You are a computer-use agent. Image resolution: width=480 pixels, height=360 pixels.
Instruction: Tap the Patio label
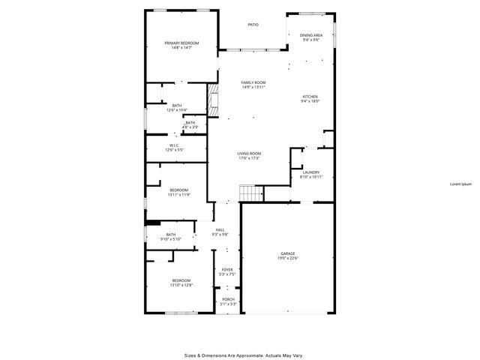[253, 25]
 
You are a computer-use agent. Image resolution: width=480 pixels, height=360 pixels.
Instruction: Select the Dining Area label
[311, 35]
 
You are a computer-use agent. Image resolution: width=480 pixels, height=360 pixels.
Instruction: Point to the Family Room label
[253, 82]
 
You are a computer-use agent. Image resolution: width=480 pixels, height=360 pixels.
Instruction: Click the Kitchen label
[310, 97]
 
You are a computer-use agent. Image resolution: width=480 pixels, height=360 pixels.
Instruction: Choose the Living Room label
[249, 153]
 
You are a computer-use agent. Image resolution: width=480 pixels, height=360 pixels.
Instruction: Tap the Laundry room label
[310, 172]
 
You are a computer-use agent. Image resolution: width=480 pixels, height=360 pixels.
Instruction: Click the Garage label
[288, 254]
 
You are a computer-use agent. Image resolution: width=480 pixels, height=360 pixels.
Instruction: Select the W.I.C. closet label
[174, 145]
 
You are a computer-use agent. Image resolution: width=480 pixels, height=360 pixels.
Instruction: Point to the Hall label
[220, 229]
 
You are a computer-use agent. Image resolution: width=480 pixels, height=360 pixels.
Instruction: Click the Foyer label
[226, 269]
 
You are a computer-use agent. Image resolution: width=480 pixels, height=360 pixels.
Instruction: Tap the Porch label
[228, 299]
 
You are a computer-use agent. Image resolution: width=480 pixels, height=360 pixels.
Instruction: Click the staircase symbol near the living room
[250, 193]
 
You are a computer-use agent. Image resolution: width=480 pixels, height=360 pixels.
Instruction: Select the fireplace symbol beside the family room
[213, 102]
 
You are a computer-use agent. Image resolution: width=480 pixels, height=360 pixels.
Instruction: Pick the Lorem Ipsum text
[460, 184]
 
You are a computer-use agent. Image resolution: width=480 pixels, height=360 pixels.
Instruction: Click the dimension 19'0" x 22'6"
[288, 259]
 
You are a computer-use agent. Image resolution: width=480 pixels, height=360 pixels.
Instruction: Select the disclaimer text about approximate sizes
[244, 355]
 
